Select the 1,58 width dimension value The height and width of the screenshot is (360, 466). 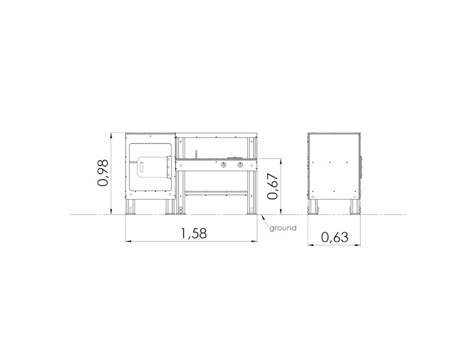tap(194, 234)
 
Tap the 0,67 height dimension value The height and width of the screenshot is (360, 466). tap(273, 186)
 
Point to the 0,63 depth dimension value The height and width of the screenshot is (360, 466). tap(334, 237)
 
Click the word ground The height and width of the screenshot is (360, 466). tap(283, 228)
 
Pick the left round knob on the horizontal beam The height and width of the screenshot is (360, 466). tap(223, 165)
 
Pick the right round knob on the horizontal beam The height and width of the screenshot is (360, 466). tap(239, 165)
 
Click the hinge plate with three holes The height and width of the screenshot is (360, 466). tap(169, 167)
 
